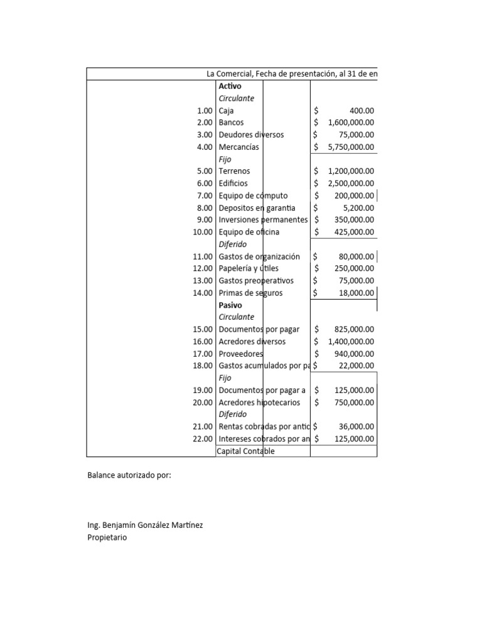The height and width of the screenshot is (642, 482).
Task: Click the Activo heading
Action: pos(230,86)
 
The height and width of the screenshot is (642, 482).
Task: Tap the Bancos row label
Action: pos(231,122)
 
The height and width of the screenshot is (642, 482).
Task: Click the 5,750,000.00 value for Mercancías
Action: pos(351,147)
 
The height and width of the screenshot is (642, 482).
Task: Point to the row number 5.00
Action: pos(205,171)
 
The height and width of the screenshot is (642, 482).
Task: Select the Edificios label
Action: pos(233,183)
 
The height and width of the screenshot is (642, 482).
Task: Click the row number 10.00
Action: pos(203,232)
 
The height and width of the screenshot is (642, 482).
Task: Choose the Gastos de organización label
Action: pos(259,256)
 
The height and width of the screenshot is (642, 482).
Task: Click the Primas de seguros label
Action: pos(250,293)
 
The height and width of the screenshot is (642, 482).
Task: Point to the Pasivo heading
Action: pos(230,305)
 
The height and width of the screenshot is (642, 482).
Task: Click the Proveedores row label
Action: pos(241,354)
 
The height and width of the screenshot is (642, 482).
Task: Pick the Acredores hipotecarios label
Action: pos(259,403)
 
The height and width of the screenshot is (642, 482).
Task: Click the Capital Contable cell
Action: pos(245,451)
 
